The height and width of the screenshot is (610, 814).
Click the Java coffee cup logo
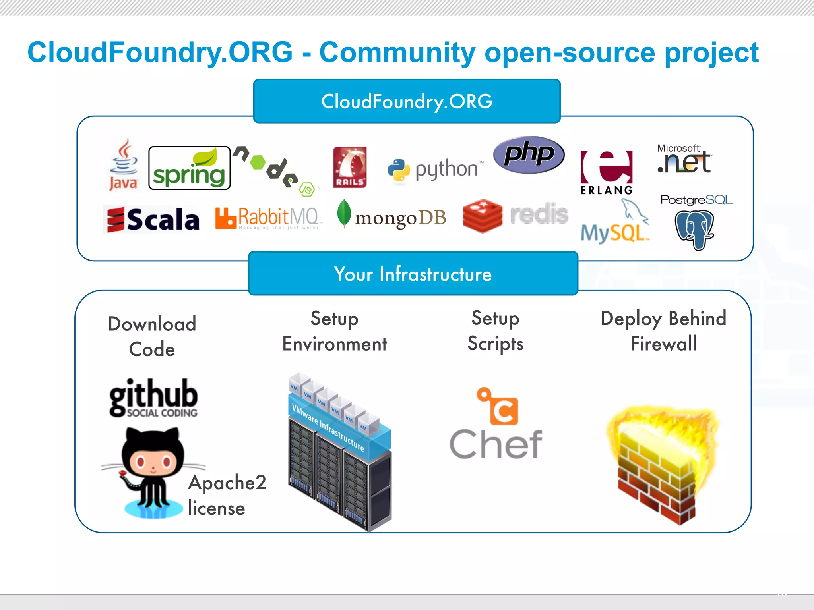tap(124, 163)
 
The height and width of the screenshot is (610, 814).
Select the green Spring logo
tap(189, 168)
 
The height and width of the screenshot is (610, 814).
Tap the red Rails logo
tap(350, 167)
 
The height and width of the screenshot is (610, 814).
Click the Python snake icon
tap(399, 170)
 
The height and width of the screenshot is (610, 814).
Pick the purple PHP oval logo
tap(529, 154)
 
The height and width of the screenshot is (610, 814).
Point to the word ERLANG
tap(607, 190)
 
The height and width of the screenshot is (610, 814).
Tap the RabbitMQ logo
tap(267, 218)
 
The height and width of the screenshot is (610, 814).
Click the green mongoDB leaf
tap(344, 213)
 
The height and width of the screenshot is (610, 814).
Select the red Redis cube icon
tap(483, 216)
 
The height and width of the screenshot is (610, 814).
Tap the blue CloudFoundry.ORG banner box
tap(407, 101)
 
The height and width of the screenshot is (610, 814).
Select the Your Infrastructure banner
tap(413, 274)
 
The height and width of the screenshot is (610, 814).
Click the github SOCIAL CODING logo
tap(153, 397)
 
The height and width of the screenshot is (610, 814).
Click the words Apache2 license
tap(227, 495)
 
